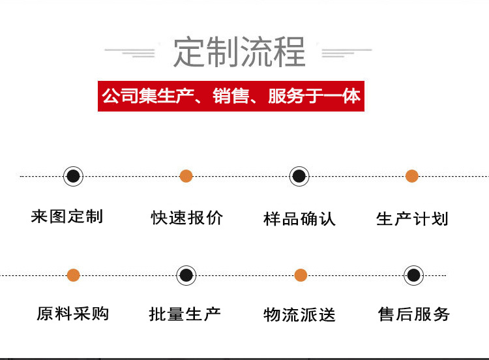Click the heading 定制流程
(239, 52)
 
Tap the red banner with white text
(231, 97)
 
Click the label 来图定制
(67, 217)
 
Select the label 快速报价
(187, 218)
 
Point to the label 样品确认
(299, 218)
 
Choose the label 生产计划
(412, 218)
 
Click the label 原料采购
(72, 314)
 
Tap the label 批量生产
(185, 314)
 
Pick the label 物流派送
(299, 315)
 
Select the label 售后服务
(414, 314)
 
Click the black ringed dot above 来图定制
(74, 176)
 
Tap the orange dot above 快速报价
(186, 176)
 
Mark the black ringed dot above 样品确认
(299, 176)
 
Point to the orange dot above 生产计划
(412, 176)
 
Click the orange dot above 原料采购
(74, 275)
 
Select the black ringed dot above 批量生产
(186, 275)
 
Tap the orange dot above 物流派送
(301, 275)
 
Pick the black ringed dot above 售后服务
(413, 275)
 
